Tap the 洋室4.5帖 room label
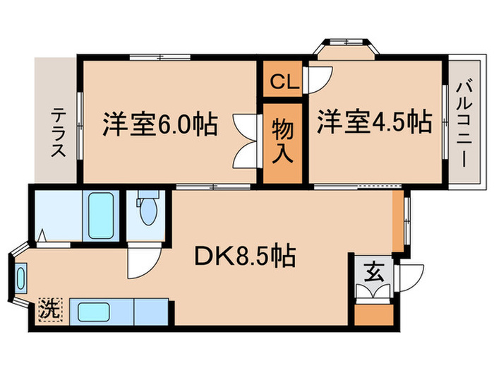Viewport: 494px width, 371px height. click(x=373, y=122)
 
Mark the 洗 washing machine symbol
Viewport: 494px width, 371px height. click(x=49, y=310)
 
